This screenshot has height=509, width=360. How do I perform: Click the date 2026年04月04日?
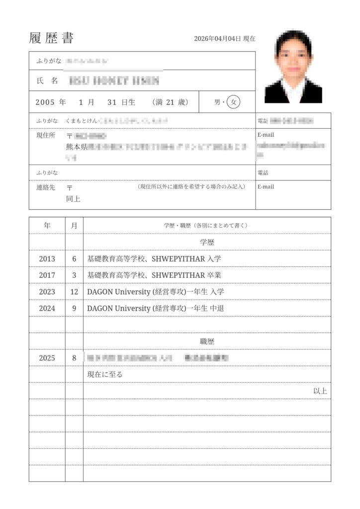(x=217, y=39)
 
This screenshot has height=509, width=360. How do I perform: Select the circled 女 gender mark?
(x=234, y=102)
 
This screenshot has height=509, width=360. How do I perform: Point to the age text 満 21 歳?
(x=171, y=102)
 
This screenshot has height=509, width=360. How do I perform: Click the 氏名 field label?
(x=48, y=80)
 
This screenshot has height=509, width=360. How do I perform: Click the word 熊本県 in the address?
(x=77, y=147)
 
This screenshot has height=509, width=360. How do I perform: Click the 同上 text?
(x=73, y=199)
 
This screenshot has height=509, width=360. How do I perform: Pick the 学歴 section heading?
(x=206, y=242)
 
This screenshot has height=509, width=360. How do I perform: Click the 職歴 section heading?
(x=206, y=341)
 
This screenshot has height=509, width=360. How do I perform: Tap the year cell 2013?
(x=47, y=258)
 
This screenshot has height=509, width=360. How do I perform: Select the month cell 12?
(x=74, y=292)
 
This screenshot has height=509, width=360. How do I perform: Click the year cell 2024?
(x=47, y=308)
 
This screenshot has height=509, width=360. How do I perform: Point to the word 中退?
(x=217, y=308)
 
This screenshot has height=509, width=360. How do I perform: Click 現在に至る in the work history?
(x=104, y=374)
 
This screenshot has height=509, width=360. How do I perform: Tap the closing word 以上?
(x=320, y=391)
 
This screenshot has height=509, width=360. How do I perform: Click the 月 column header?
(x=74, y=225)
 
